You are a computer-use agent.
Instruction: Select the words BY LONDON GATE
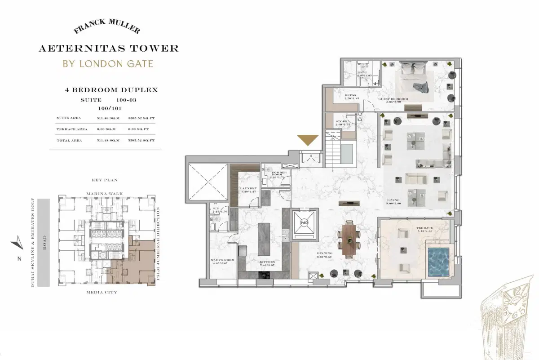point(108,63)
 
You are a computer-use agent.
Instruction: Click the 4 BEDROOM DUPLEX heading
point(111,90)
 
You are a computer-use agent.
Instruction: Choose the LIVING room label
point(394,200)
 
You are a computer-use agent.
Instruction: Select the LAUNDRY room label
point(248,189)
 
